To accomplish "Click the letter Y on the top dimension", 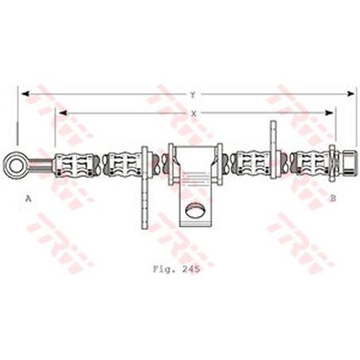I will point(192,95).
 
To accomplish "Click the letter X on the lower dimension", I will point(194,114).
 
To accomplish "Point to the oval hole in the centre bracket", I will point(193,211).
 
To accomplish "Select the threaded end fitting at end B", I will point(347,165).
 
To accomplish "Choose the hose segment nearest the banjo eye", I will point(76,165).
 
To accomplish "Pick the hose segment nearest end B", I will point(311,165).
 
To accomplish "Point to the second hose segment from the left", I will point(123,165).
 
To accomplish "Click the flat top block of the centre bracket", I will point(193,156).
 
